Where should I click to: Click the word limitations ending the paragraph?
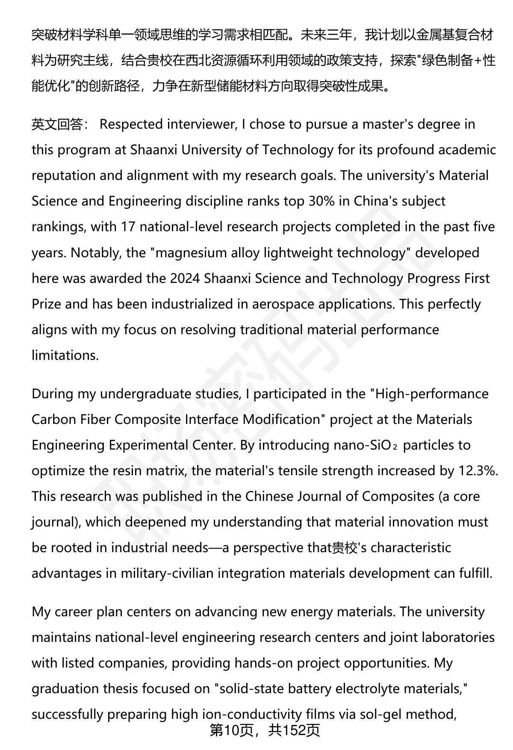pos(65,356)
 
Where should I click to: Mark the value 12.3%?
pos(478,471)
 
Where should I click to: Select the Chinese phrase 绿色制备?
pos(446,61)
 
